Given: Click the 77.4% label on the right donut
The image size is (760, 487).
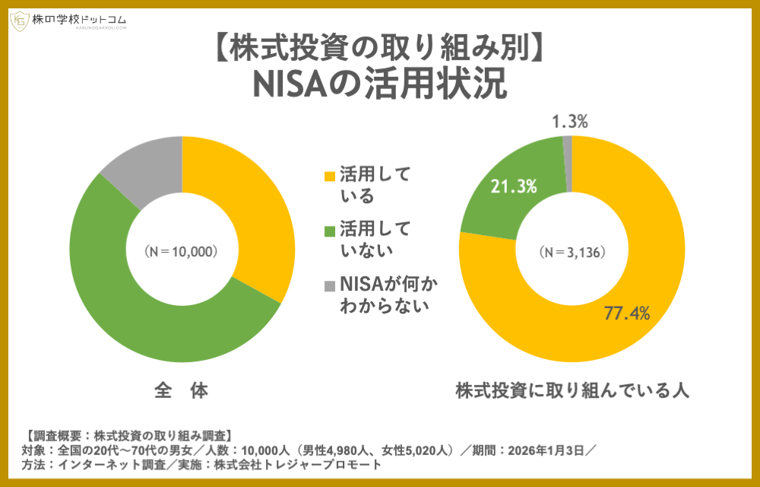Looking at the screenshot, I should point(626,312).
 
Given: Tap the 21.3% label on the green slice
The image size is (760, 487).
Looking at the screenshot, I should point(515,186).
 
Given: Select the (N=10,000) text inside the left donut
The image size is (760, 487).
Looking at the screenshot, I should point(182,251).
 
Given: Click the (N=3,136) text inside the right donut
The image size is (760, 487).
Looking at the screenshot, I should point(572,251).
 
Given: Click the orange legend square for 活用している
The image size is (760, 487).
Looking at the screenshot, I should point(329,176).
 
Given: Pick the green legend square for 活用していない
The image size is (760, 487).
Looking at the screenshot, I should point(329,230).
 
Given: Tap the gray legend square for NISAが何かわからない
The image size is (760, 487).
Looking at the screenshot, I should point(329,285).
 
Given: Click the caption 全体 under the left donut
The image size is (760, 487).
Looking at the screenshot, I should point(181,391).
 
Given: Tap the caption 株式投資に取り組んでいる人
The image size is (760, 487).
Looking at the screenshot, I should point(572,391).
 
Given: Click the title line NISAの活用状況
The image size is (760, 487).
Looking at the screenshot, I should point(379,84).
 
